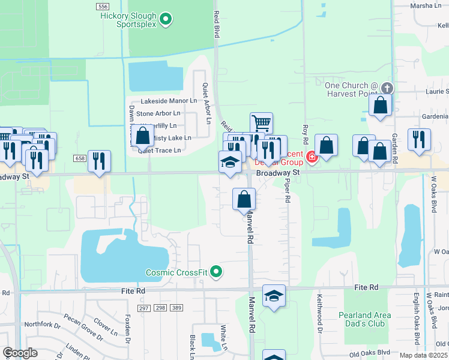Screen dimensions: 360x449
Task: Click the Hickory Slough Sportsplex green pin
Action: [167, 20]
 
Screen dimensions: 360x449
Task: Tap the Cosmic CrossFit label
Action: [177, 273]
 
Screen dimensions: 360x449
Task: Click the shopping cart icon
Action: [261, 123]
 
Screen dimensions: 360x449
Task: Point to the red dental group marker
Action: [311, 158]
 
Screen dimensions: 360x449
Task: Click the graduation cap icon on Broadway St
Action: [229, 163]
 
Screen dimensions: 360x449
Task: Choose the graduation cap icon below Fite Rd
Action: [274, 296]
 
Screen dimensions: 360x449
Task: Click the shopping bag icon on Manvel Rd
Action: [244, 199]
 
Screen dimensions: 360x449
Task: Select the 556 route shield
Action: [102, 6]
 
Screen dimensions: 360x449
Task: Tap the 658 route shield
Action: [80, 158]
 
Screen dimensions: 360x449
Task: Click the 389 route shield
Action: [176, 308]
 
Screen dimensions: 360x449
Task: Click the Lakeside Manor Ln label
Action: [169, 101]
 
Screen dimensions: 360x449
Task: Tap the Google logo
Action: [20, 353]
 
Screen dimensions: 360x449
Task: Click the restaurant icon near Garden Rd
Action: [418, 139]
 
